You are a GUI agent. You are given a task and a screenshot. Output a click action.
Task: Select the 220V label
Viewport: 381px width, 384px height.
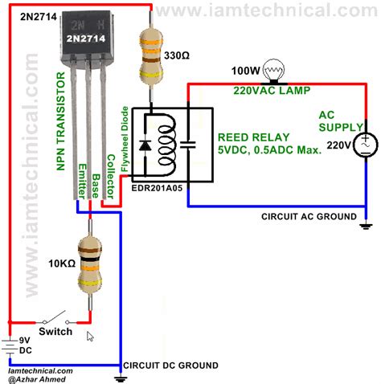(x=338, y=144)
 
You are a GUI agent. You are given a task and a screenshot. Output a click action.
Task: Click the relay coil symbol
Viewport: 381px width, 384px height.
(x=166, y=145)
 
